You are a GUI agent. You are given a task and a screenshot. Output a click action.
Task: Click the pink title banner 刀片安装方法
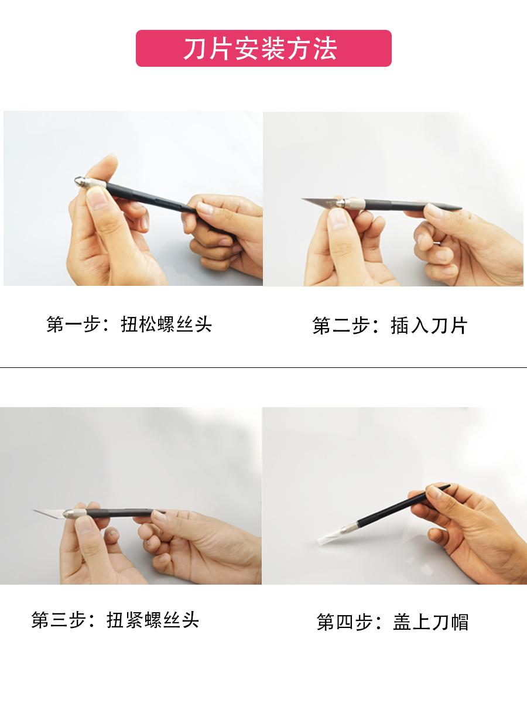(263, 49)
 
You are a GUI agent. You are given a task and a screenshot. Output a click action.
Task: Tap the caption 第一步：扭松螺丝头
(129, 325)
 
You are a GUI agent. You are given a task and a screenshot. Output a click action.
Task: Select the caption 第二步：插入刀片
(390, 326)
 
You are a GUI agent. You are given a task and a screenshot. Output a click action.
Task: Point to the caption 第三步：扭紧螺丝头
(115, 620)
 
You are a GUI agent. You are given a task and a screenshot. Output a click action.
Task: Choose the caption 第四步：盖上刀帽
(392, 622)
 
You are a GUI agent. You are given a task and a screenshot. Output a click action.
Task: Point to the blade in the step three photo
(49, 513)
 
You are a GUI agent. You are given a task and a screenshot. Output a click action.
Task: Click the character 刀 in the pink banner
(195, 49)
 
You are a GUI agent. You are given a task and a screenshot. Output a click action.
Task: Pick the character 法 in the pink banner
(325, 49)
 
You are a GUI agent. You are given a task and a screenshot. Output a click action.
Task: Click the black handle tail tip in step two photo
(458, 207)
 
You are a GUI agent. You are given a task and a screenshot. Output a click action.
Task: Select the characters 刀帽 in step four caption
(450, 622)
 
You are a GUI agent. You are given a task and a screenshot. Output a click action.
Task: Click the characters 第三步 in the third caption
(59, 620)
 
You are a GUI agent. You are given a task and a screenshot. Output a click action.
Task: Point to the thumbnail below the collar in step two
(338, 219)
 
